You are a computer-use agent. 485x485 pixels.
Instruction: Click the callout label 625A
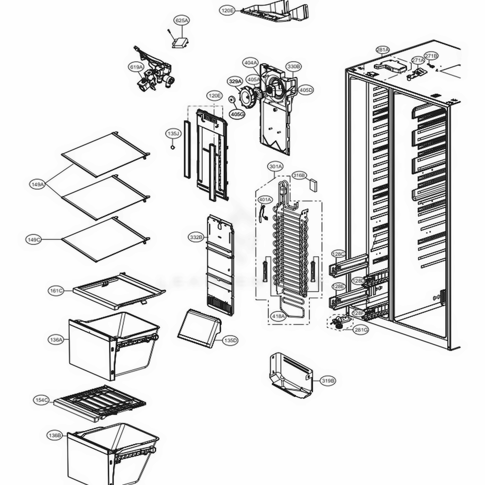pos(182,20)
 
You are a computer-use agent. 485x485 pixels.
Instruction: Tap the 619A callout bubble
pos(136,66)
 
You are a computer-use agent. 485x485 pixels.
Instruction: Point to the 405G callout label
pos(237,114)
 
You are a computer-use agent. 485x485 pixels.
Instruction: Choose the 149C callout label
pos(34,240)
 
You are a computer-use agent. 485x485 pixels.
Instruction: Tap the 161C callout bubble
pos(56,291)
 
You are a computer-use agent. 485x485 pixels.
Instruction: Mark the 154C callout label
pos(42,400)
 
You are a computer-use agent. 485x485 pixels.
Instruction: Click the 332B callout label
pos(195,237)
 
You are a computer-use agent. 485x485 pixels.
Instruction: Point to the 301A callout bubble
pos(275,167)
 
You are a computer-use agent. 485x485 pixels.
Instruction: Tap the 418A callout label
pos(278,316)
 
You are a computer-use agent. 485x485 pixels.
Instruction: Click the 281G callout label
pos(361,330)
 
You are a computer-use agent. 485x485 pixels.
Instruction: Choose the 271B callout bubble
pos(431,56)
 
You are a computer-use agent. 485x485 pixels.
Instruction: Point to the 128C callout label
pos(338,254)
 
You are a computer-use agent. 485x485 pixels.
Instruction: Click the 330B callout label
pos(293,66)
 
